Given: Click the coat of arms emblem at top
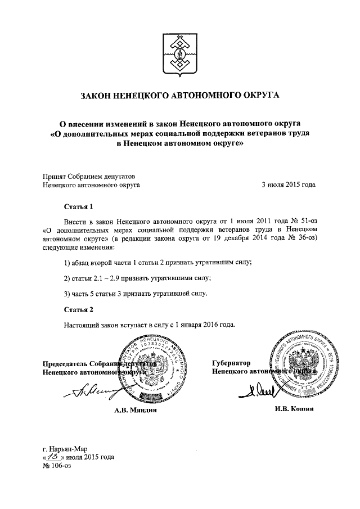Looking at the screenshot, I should point(180,54).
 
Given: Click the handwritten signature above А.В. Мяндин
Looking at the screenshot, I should point(90,389).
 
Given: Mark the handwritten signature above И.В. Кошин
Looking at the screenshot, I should point(264,390).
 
